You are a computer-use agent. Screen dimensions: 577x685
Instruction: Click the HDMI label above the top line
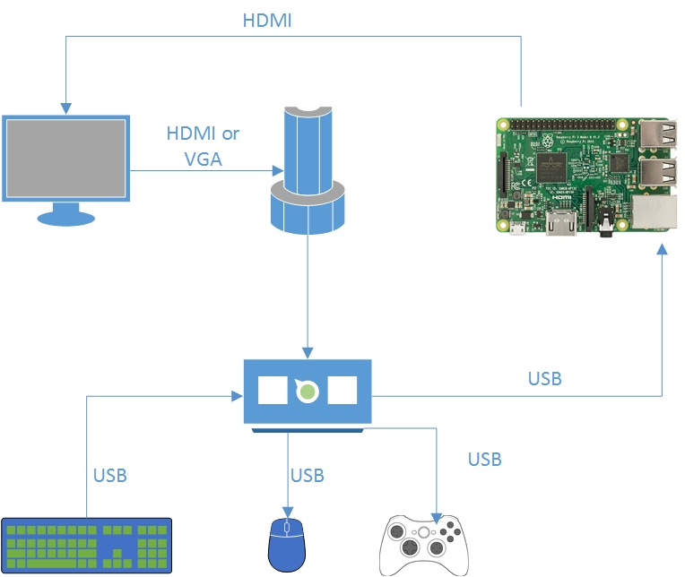267,20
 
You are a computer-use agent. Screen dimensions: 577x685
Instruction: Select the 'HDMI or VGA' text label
204,146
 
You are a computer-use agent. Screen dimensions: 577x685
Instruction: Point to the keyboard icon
87,544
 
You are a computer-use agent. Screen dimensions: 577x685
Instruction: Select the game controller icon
424,544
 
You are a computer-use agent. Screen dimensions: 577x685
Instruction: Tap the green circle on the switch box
308,391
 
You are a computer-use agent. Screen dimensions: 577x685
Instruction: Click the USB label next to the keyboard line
110,475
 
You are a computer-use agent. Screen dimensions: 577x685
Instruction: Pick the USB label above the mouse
307,475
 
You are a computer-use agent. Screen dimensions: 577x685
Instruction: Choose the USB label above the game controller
484,460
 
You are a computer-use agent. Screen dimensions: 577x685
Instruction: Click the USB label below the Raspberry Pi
544,378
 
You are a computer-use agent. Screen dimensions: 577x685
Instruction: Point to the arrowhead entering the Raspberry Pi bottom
662,254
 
